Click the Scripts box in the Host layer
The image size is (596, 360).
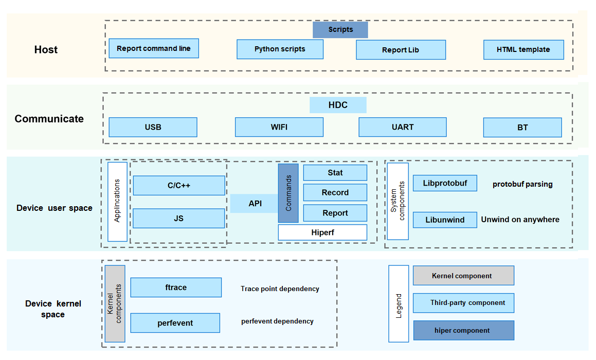(340, 30)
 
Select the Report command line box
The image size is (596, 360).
(154, 48)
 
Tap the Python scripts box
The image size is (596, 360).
(280, 49)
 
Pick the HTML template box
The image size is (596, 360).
(523, 50)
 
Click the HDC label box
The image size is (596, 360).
(338, 105)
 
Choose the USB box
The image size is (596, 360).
(153, 127)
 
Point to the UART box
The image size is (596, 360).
(402, 127)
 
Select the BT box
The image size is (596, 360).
(522, 128)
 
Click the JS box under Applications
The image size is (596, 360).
(178, 219)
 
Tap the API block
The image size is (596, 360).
(255, 204)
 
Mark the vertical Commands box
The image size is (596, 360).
(288, 193)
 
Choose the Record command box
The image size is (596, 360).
(335, 192)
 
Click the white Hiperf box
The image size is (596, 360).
(322, 232)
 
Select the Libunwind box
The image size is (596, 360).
(445, 220)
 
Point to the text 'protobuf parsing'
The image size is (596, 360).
(522, 184)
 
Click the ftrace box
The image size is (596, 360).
(176, 287)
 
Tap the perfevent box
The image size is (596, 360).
(175, 323)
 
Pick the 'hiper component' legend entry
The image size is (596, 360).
(463, 331)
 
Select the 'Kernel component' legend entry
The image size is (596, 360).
(463, 276)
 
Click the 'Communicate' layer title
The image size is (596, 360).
(49, 119)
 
